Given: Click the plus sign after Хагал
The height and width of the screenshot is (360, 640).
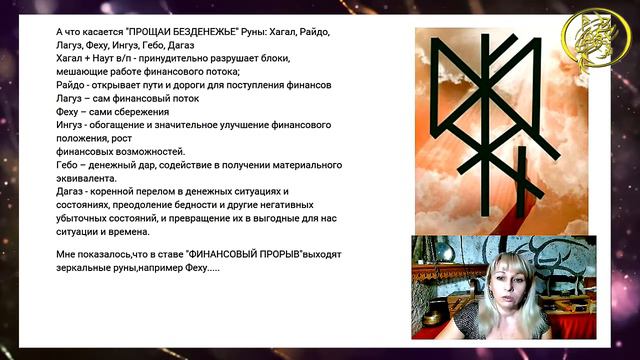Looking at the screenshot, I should (x=87, y=59).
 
